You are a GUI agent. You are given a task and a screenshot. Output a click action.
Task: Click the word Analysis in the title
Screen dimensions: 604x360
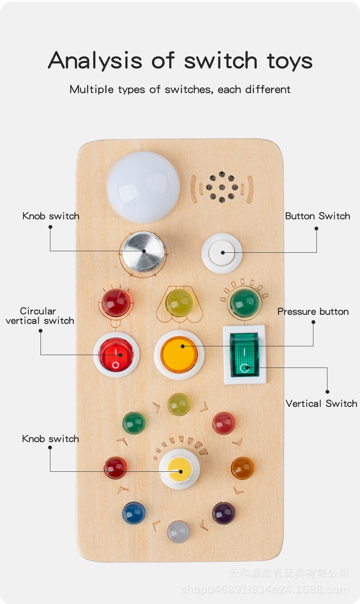[95, 61]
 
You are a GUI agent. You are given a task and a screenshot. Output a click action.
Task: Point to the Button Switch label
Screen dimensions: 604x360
[318, 216]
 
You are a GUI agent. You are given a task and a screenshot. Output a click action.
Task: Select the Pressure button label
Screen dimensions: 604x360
[313, 311]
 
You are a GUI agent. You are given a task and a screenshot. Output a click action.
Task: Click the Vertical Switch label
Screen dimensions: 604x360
[321, 404]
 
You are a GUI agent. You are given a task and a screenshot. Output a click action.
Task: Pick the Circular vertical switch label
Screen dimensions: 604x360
[39, 316]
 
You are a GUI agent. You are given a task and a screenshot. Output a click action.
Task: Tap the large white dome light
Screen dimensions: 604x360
[143, 186]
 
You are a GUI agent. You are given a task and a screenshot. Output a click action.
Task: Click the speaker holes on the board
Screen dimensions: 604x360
[222, 187]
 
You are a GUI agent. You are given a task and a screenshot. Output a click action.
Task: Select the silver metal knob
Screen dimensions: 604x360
[144, 251]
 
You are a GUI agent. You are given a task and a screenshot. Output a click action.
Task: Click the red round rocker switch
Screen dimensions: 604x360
[116, 355]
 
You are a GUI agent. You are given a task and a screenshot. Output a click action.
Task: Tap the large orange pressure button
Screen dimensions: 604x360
[179, 355]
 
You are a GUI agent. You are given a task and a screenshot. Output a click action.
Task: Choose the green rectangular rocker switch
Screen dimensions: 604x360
[245, 355]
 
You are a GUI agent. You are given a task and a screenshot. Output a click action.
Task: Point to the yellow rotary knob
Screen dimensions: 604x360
[179, 469]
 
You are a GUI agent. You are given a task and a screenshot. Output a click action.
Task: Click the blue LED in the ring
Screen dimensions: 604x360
[134, 513]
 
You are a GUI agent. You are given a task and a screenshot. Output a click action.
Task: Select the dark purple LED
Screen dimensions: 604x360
[224, 513]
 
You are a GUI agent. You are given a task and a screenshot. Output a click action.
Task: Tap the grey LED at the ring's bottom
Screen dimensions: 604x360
[178, 531]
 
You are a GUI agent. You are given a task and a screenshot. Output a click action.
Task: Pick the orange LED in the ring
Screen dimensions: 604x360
[242, 468]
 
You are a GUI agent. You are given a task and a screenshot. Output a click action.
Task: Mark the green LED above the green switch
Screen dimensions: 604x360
[245, 302]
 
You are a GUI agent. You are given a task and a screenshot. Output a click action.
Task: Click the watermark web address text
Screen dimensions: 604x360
[265, 590]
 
